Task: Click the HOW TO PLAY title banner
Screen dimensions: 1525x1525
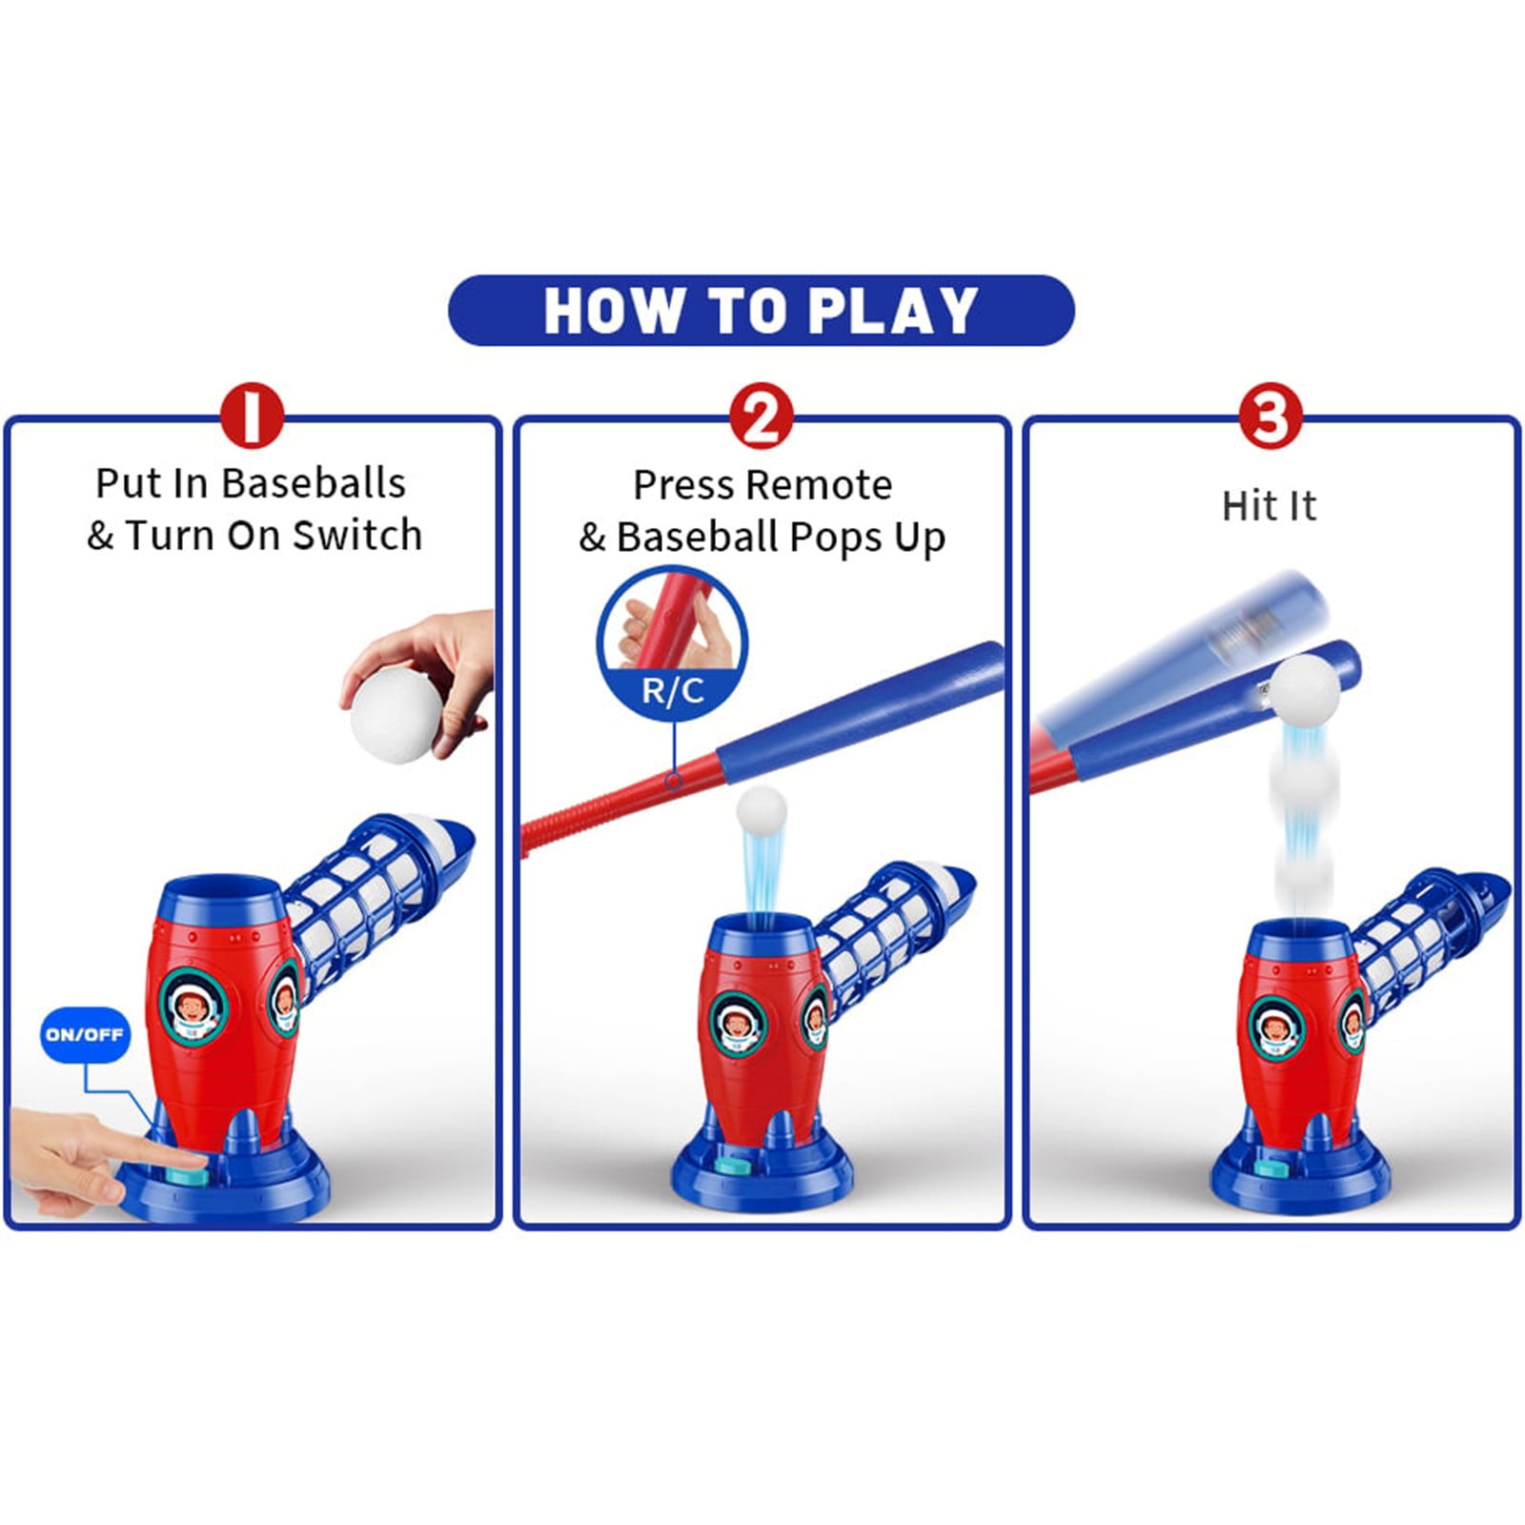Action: tap(762, 311)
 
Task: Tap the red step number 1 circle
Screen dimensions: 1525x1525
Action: tap(253, 416)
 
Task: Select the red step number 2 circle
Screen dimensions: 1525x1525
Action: tap(762, 416)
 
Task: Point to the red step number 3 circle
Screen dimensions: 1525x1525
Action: tap(1271, 416)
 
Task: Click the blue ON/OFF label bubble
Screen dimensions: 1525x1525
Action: tap(85, 1034)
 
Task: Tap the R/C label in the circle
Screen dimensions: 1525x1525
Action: tap(673, 690)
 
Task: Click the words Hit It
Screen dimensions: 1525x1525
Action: tap(1270, 506)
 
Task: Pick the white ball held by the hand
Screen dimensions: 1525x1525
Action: tap(396, 713)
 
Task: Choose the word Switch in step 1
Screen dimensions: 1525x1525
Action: tap(357, 536)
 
